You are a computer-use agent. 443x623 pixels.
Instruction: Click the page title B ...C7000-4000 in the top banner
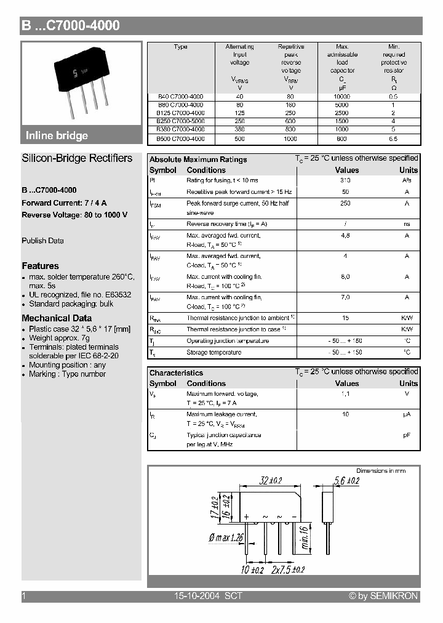pyautogui.click(x=71, y=25)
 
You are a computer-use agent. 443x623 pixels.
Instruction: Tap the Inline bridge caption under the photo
pyautogui.click(x=57, y=135)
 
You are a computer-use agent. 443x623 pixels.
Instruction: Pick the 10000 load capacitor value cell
pyautogui.click(x=342, y=97)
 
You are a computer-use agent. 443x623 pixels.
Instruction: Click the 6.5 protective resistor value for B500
pyautogui.click(x=394, y=139)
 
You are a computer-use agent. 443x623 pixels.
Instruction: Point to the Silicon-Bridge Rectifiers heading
pyautogui.click(x=77, y=158)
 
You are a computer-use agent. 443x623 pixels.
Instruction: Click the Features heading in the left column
pyautogui.click(x=40, y=266)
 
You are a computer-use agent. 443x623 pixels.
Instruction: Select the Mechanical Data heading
pyautogui.click(x=57, y=318)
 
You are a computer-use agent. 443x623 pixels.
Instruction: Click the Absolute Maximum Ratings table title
pyautogui.click(x=198, y=159)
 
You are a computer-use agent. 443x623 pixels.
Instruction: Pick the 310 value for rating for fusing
pyautogui.click(x=345, y=180)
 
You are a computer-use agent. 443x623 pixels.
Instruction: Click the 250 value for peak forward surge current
pyautogui.click(x=346, y=203)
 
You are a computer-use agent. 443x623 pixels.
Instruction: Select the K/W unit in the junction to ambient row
pyautogui.click(x=407, y=318)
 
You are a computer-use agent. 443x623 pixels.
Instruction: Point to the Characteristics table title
pyautogui.click(x=176, y=372)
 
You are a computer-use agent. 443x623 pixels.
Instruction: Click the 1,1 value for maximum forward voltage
pyautogui.click(x=346, y=394)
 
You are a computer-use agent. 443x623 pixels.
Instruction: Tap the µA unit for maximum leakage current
pyautogui.click(x=407, y=415)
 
